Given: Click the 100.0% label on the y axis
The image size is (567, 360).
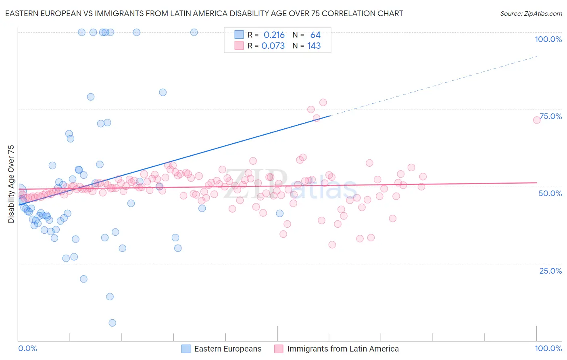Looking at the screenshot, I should pos(548,39).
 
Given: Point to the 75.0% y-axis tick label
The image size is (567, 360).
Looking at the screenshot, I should pos(550,116).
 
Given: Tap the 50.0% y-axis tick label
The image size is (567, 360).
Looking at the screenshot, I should pos(550,193).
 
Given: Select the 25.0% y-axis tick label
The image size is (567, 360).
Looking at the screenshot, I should pos(550,270).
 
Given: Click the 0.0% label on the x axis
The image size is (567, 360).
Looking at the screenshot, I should pos(27,348).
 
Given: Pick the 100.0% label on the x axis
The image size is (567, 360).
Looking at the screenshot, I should pos(548,348).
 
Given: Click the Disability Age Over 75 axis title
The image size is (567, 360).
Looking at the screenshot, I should pos(11,184).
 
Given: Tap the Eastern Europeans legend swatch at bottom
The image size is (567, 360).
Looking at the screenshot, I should pos(186,349).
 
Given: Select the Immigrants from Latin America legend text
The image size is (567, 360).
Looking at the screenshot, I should pos(343,349).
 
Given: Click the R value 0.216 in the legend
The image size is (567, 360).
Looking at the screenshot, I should pos(274,35).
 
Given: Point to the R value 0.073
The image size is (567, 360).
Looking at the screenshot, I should pos(273,46).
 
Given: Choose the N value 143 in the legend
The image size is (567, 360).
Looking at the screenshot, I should pos(314,46).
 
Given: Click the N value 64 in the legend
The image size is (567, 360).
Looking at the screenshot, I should pos(315,35).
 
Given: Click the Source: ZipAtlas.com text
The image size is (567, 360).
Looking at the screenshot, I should pos(531,14).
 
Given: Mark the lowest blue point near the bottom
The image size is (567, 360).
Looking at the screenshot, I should pos(113,323).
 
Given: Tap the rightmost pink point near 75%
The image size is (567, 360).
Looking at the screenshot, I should pos(537,120).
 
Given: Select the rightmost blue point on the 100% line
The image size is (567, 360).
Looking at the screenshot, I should pos(194,32).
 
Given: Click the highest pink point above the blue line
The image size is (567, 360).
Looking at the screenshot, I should pos(323,103).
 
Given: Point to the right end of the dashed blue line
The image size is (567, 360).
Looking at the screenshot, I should pos(537,57).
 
